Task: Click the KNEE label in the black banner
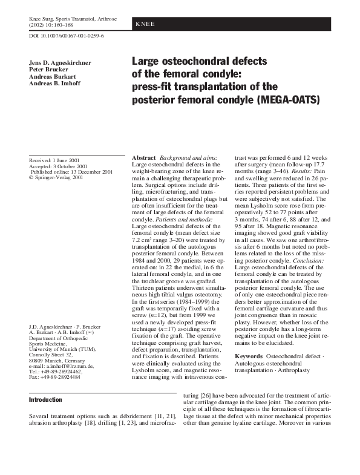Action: (145, 24)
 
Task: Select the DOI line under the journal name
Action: (67, 36)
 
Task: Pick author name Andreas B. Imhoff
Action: (59, 84)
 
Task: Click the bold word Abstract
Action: (144, 157)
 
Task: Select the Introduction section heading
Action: (45, 399)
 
